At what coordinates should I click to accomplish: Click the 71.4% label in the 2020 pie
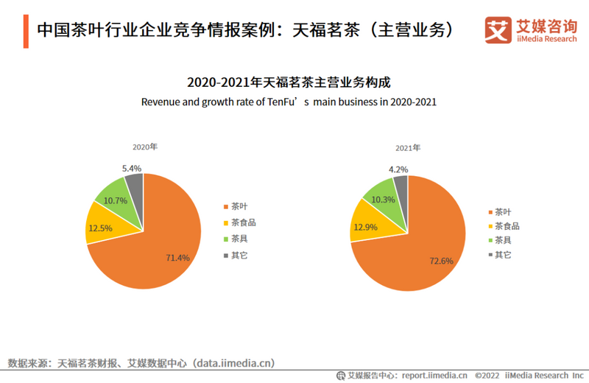click(x=177, y=257)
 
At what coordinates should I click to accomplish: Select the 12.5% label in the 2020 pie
click(x=100, y=228)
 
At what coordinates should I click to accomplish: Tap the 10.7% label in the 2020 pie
click(x=115, y=200)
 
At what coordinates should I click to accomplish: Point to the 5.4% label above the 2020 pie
click(x=133, y=168)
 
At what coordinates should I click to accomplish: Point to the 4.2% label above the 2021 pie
click(x=399, y=169)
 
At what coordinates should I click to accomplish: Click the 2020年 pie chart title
click(x=144, y=147)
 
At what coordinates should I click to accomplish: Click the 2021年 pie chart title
click(x=408, y=148)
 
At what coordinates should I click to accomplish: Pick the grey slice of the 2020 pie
click(x=135, y=183)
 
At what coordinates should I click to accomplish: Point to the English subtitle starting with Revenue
click(x=289, y=102)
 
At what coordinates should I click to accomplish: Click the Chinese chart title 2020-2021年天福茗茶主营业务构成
click(x=289, y=82)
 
